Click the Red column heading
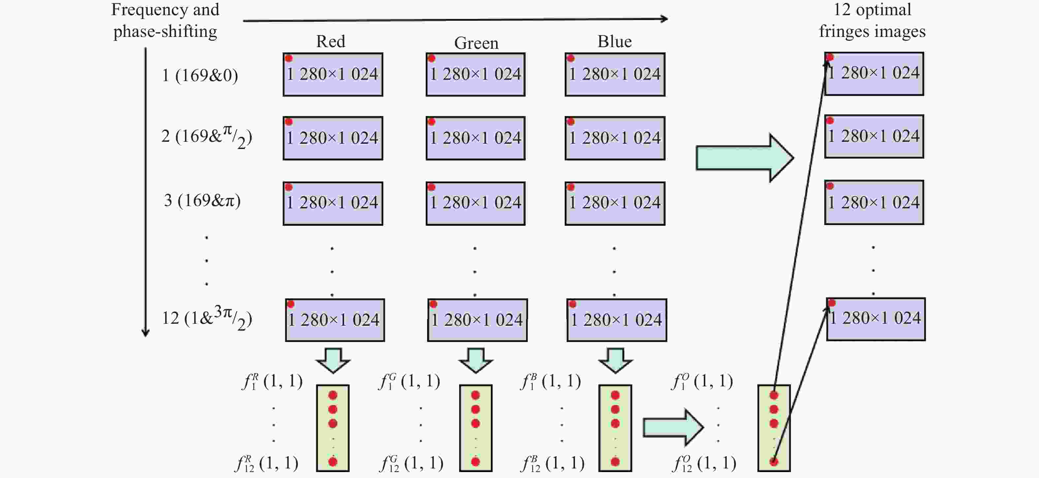point(330,42)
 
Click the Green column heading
point(476,43)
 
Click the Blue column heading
point(614,42)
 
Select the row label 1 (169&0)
point(200,75)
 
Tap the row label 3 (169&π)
point(202,200)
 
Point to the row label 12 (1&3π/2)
point(207,318)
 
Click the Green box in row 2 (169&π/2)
point(476,138)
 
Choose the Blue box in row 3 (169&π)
point(615,203)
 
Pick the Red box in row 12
point(335,320)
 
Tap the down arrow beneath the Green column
point(476,360)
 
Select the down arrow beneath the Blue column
point(615,360)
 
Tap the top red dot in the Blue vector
point(615,395)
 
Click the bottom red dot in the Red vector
point(333,462)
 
